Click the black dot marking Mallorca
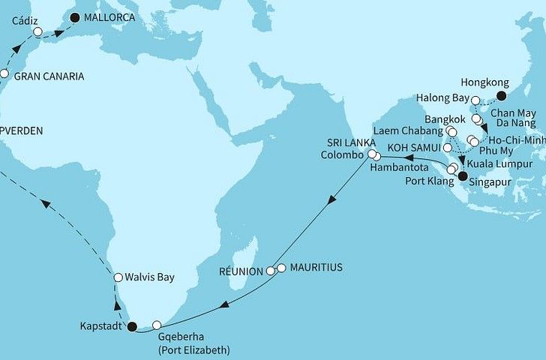(x=73, y=16)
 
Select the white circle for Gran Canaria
(x=4, y=74)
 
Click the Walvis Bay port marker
(x=118, y=277)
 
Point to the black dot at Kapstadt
(x=133, y=327)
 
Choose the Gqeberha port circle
(x=157, y=325)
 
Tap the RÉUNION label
(x=240, y=271)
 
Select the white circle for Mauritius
(x=281, y=268)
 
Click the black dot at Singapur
(x=461, y=177)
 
